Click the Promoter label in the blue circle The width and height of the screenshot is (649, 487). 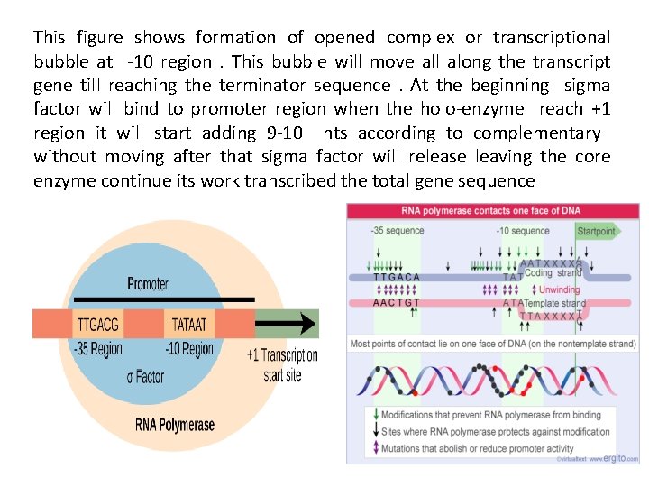click(x=147, y=284)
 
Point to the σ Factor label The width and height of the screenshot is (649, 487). click(x=145, y=376)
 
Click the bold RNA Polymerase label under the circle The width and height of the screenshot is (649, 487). click(x=175, y=424)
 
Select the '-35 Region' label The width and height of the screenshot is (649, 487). click(x=97, y=349)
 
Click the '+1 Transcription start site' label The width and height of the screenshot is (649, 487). click(x=282, y=364)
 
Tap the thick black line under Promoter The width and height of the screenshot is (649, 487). click(x=163, y=299)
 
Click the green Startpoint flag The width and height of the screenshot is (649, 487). click(x=596, y=230)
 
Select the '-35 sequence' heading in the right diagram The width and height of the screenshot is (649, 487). click(x=397, y=231)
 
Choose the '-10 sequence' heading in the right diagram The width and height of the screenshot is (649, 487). click(x=522, y=231)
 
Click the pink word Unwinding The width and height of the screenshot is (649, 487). click(x=559, y=290)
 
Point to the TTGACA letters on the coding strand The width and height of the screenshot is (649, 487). click(x=397, y=277)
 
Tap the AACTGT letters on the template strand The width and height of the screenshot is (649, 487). click(x=397, y=303)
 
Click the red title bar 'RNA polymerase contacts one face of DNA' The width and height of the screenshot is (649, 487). click(x=494, y=211)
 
